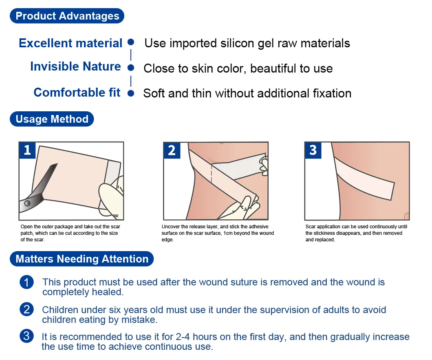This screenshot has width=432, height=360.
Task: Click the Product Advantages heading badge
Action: pos(67,16)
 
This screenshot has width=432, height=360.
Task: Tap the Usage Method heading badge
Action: pos(52,119)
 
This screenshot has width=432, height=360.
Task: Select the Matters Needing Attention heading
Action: pos(82,259)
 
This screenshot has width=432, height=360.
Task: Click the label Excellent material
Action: pos(71,43)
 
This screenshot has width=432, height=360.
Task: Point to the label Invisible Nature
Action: pos(75,66)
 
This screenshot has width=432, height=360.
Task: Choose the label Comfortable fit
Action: pos(77,93)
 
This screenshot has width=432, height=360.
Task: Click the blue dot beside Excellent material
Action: pos(131,42)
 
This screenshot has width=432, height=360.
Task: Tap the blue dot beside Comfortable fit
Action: pos(131,93)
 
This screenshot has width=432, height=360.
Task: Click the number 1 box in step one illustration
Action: pos(27,150)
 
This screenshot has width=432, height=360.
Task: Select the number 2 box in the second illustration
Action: pos(172,150)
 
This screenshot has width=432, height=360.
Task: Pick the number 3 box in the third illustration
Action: pos(313,150)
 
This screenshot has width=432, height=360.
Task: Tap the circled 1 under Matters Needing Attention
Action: pos(26,282)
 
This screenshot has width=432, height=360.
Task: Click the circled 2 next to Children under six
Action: pos(26,310)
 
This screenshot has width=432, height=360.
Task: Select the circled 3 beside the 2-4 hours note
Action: pos(26,337)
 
